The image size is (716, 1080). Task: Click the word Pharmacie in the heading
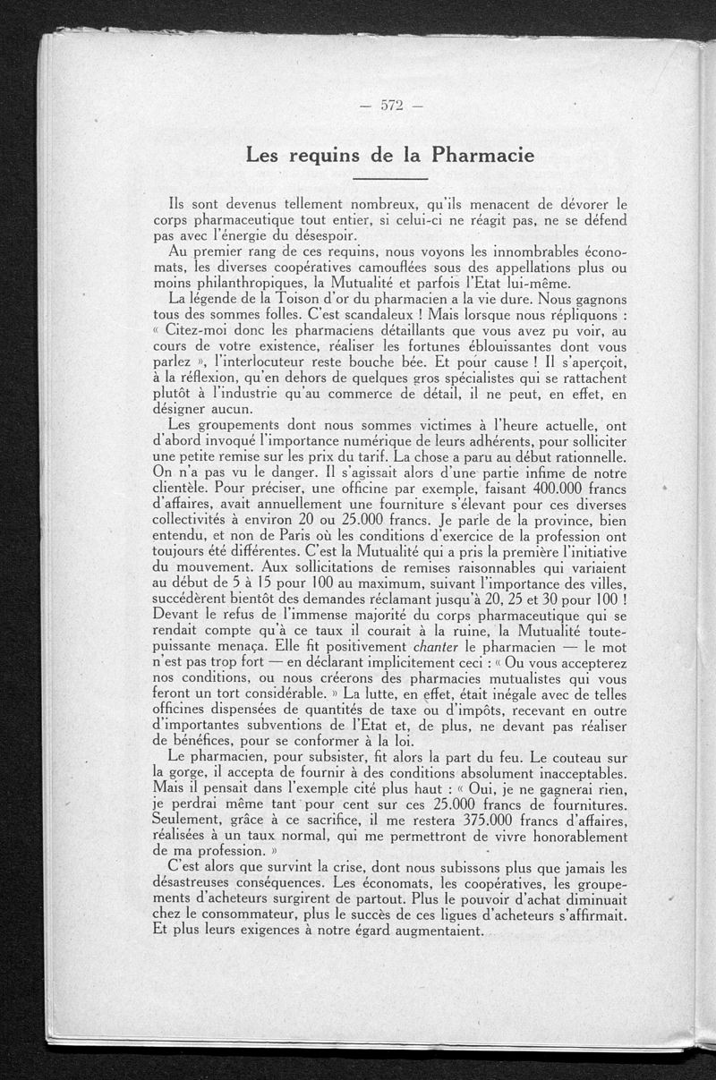click(x=484, y=155)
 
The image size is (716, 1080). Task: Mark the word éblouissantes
click(x=528, y=349)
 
